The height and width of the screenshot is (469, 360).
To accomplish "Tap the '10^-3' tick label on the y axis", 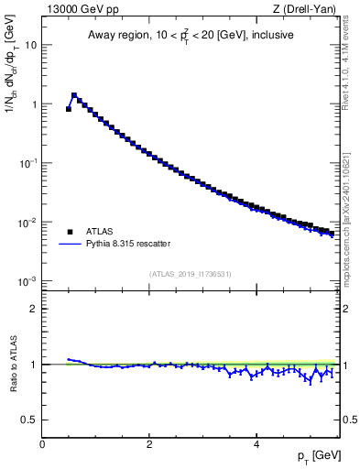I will click(x=27, y=281).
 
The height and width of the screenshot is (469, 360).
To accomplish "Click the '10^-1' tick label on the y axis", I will click(x=27, y=163).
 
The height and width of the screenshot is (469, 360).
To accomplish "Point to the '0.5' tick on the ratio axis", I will click(x=28, y=420).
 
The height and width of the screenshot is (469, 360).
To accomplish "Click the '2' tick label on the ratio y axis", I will click(x=33, y=309).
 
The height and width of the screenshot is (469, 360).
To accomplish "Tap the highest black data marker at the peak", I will click(x=74, y=95).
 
